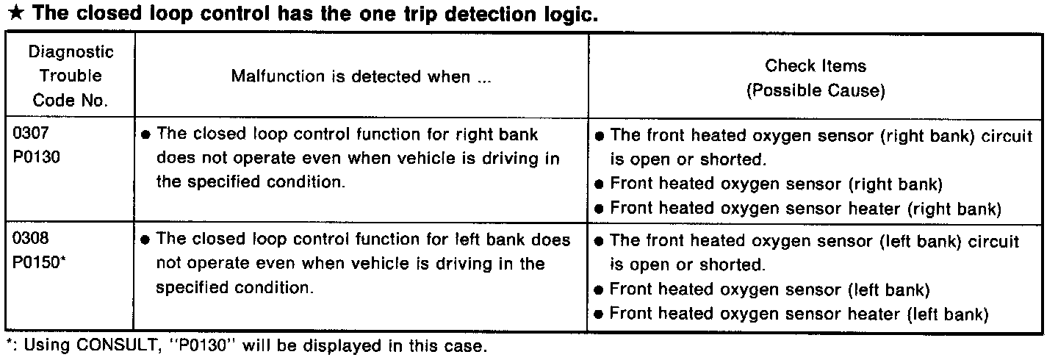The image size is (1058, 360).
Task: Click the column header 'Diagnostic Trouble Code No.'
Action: tap(71, 76)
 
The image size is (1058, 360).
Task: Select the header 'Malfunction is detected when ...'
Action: tap(360, 76)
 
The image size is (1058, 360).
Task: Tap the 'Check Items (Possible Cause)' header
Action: tap(816, 78)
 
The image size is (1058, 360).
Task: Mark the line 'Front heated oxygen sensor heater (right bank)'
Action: tap(805, 209)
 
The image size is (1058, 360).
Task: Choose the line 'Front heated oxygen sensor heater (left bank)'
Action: tap(796, 314)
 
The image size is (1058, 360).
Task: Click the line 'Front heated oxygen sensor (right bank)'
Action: tap(776, 184)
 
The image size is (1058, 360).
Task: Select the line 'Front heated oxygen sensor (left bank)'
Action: tap(769, 289)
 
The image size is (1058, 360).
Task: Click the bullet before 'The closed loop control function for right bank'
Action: tap(145, 137)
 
